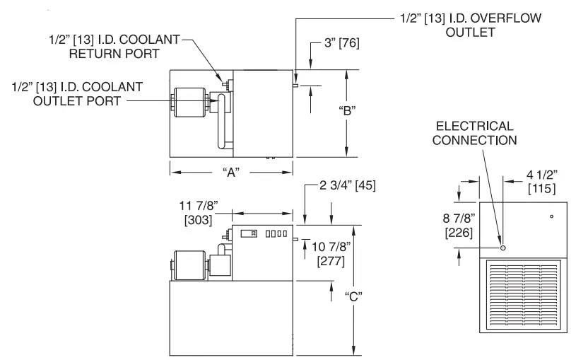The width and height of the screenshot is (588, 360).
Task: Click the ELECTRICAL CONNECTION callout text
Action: (x=474, y=132)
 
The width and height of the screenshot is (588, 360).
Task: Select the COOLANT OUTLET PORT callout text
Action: (x=78, y=93)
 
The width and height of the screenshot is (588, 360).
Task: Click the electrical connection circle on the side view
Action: (x=502, y=248)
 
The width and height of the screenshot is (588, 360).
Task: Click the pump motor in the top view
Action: (x=188, y=104)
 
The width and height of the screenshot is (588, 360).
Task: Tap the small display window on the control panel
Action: (x=248, y=233)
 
